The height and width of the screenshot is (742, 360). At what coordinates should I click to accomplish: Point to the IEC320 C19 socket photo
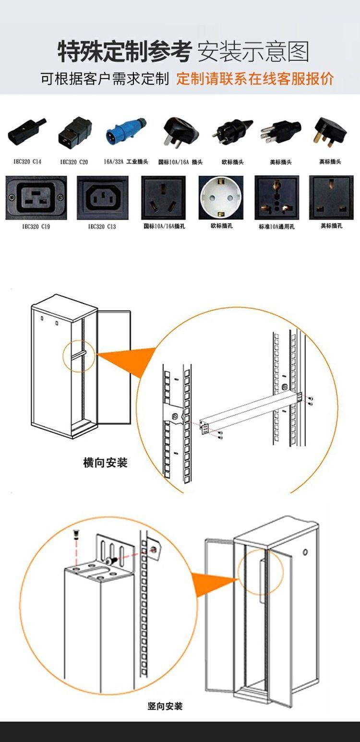[36, 197]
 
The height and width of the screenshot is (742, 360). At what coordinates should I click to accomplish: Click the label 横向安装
[105, 463]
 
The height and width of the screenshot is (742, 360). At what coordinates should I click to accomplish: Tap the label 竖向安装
[165, 706]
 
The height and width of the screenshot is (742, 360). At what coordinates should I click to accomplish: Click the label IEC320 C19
[36, 226]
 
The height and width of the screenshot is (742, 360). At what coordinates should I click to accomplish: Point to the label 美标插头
[280, 162]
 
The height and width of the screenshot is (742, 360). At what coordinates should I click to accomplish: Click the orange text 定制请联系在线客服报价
[255, 78]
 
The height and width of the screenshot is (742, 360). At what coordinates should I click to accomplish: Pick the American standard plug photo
[281, 131]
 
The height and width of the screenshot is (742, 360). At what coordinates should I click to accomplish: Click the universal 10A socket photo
[276, 198]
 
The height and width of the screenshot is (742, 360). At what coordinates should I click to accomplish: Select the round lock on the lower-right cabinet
[305, 552]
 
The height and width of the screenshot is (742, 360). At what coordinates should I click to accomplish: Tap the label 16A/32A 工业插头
[126, 162]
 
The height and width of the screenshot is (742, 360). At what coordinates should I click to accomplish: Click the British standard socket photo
[331, 198]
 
